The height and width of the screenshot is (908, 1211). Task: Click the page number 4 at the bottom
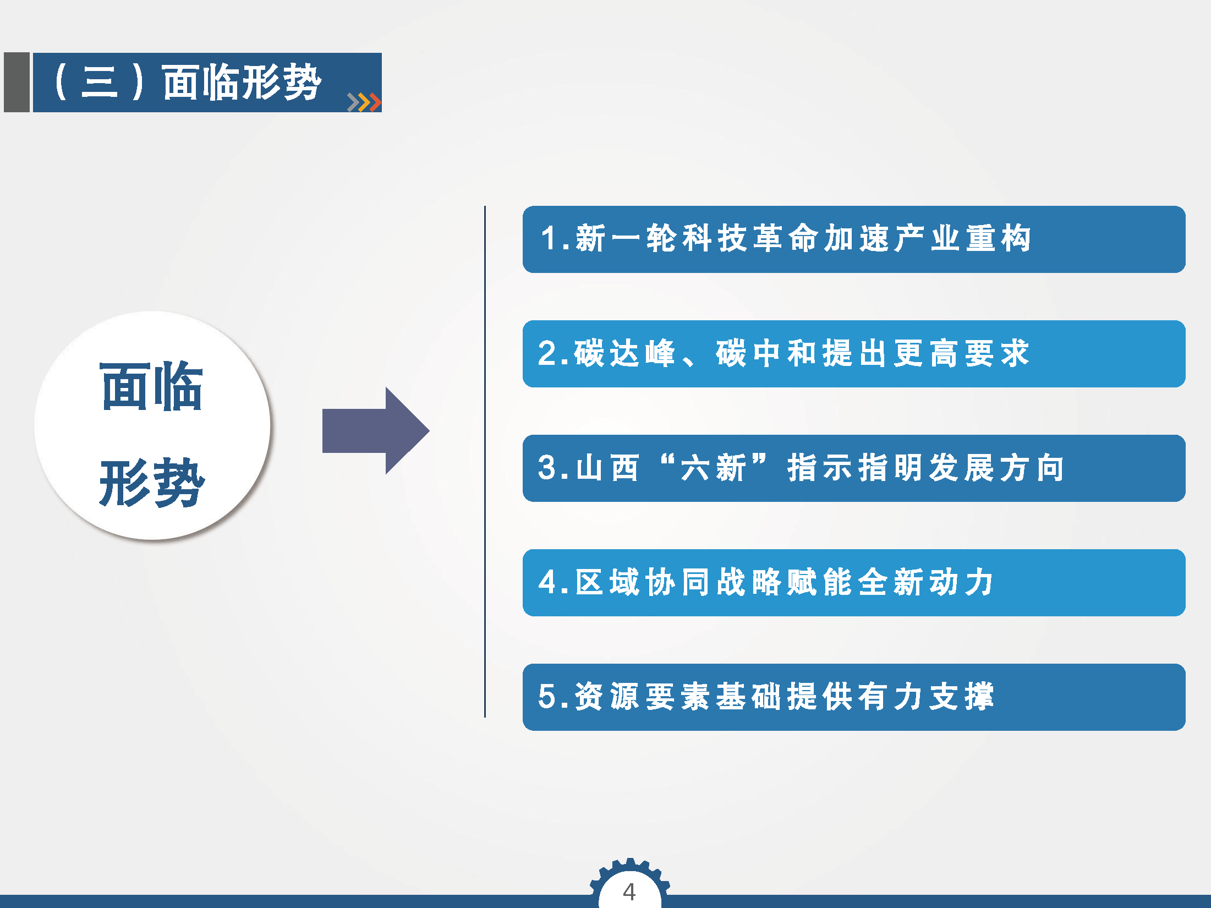629,891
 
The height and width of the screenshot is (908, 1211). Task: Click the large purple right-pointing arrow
376,431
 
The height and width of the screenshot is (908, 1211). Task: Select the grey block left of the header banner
17,83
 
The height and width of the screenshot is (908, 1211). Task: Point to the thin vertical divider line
485,462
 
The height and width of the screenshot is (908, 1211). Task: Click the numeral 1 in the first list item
549,239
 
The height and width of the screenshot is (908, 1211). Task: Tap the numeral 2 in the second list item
548,353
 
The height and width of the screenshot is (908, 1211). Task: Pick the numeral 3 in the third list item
548,468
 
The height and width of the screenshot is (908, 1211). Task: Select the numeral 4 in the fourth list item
548,582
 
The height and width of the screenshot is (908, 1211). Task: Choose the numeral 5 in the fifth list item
548,697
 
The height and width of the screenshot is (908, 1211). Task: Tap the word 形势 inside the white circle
152,482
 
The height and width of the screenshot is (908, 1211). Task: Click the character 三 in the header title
100,83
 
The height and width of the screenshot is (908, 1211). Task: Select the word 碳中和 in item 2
765,353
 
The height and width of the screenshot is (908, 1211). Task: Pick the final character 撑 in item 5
978,697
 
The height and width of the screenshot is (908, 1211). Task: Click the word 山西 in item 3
607,468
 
